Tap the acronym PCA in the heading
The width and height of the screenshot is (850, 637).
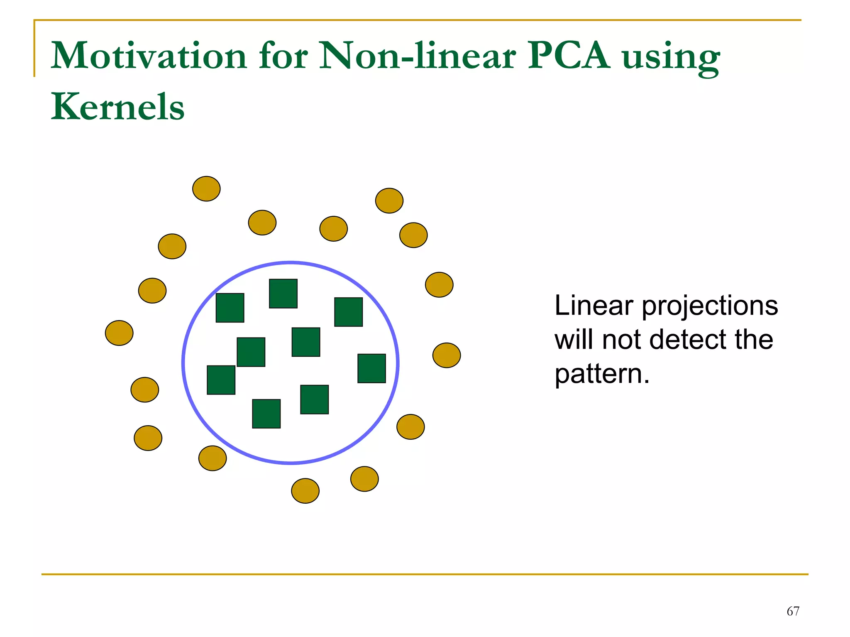[569, 56]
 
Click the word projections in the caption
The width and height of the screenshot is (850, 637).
[710, 307]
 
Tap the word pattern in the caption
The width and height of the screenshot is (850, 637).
[598, 375]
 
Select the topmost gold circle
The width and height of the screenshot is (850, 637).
[206, 189]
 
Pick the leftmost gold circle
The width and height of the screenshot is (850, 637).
[119, 333]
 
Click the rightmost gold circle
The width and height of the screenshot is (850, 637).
[447, 355]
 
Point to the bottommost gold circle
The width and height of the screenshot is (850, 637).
[305, 491]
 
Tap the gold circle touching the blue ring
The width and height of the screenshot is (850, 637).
[212, 458]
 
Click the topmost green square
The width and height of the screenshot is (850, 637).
[283, 294]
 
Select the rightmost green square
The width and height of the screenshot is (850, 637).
[371, 368]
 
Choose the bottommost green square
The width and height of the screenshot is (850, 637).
[266, 414]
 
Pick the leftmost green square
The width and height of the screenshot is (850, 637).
[221, 380]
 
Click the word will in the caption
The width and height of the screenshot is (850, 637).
[574, 340]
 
